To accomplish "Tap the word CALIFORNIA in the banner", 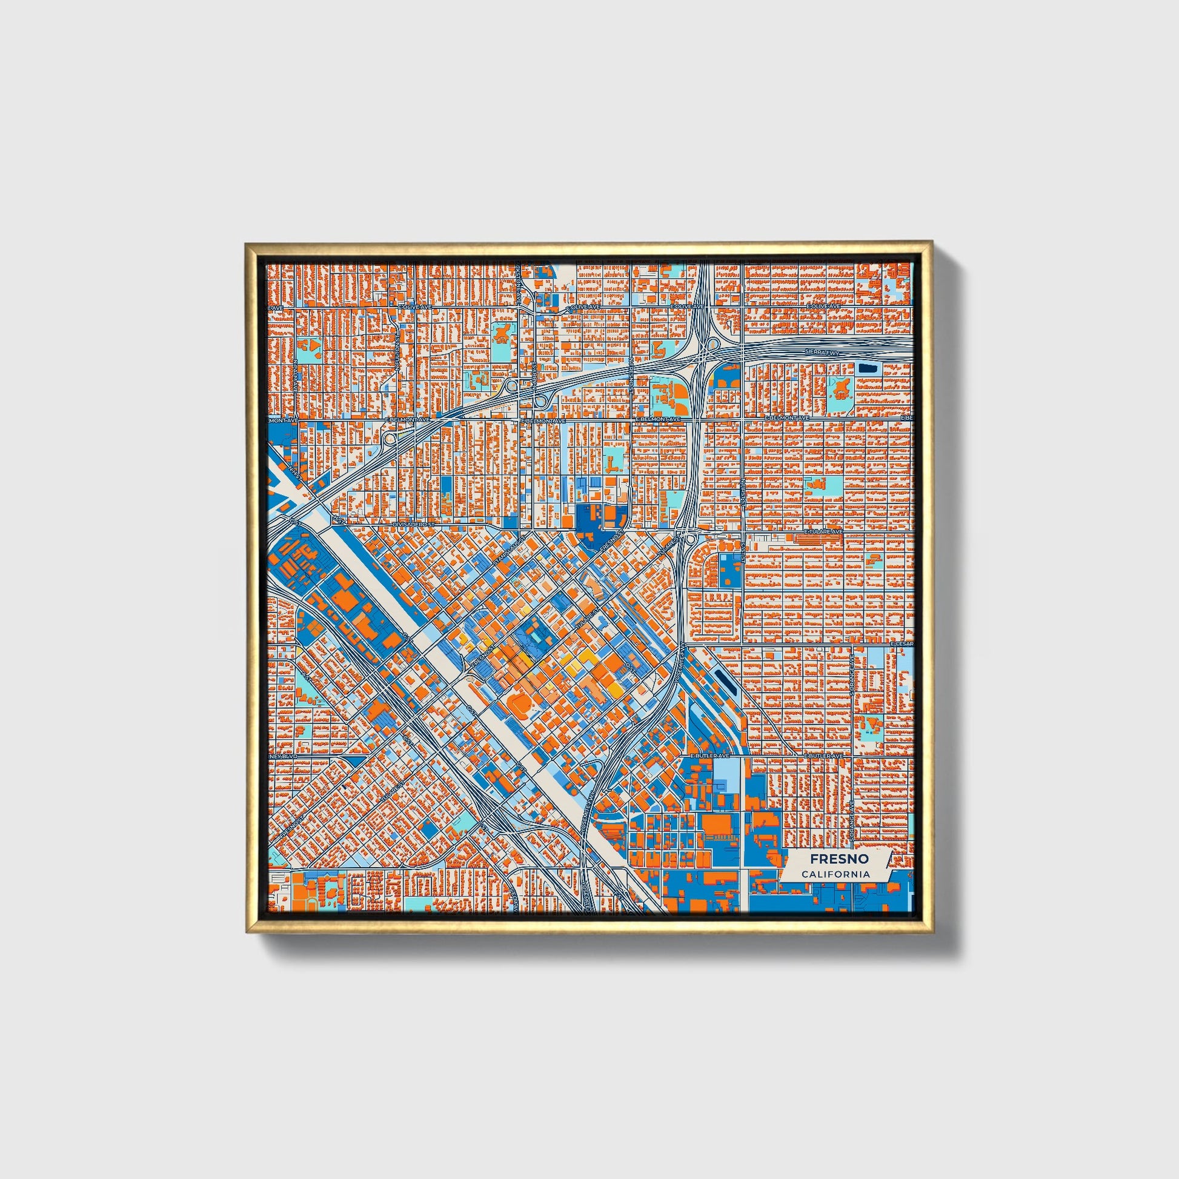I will [x=836, y=874].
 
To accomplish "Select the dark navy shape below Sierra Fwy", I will [x=865, y=368].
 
